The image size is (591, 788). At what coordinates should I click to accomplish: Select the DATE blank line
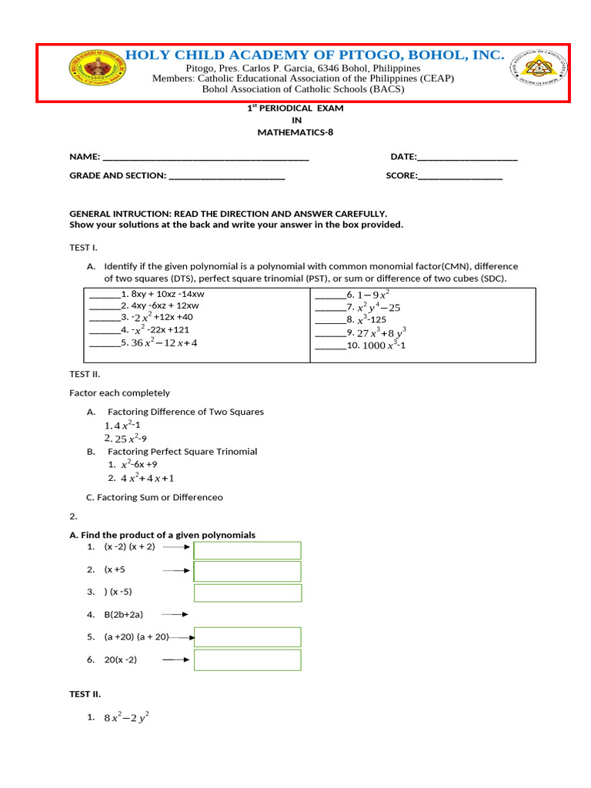467,157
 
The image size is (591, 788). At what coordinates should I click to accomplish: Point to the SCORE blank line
460,175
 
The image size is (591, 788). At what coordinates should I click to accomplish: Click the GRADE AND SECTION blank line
226,176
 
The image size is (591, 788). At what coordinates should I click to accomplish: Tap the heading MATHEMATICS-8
295,132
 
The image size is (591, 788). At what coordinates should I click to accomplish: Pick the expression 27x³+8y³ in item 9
382,332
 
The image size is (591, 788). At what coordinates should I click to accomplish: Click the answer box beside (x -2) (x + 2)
247,550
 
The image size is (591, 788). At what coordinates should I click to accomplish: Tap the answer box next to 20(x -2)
247,660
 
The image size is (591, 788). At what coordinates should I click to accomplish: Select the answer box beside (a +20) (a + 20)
247,637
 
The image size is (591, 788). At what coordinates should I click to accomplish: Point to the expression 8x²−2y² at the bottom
126,718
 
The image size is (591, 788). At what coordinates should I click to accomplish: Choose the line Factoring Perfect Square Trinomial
182,452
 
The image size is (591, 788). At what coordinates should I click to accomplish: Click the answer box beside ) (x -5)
247,593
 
